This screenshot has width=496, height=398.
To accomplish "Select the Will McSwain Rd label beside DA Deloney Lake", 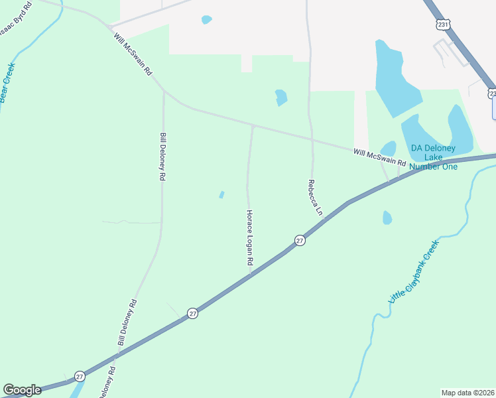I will coord(379,157).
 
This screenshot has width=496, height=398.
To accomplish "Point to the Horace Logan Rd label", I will coord(249,238).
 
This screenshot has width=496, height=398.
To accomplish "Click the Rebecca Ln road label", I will coord(314,198).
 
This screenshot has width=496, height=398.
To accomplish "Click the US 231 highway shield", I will coord(443,23).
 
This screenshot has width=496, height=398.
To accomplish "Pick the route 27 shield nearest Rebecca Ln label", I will coord(300,241).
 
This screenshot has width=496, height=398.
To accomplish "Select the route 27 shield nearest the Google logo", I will coord(80,375).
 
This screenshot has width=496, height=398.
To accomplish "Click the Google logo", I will coord(22,390).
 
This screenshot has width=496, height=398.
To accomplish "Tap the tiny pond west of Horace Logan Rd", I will coord(221,194).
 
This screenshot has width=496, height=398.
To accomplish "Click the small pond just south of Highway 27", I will coord(387,218).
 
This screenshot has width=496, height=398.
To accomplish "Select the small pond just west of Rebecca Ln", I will coord(281,98).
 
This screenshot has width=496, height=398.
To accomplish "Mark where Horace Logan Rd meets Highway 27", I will coord(251,275).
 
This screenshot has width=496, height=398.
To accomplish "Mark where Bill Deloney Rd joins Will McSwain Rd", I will coord(164,92).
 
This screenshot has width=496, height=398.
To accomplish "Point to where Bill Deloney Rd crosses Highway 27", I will coord(117,355).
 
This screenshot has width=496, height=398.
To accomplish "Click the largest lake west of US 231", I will coord(396,76).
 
